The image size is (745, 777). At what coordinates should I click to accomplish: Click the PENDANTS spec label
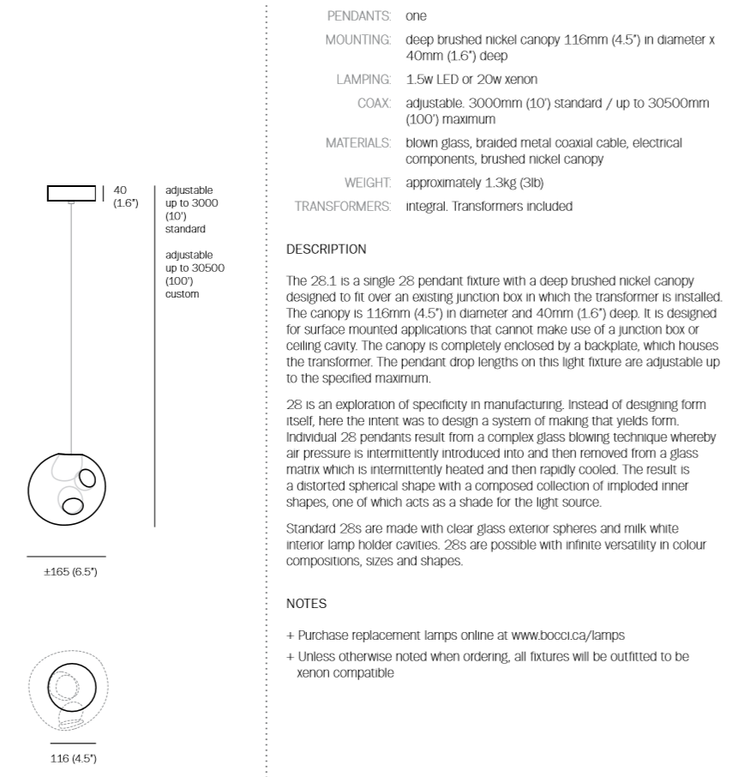pyautogui.click(x=360, y=16)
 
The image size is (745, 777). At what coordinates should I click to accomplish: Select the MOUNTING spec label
pyautogui.click(x=358, y=39)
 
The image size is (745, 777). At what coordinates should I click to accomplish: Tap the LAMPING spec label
pyautogui.click(x=363, y=80)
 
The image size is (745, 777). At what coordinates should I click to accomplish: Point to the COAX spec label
pyautogui.click(x=375, y=103)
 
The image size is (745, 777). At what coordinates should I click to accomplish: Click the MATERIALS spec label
pyautogui.click(x=358, y=142)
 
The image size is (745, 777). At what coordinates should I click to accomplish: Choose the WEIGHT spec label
pyautogui.click(x=368, y=183)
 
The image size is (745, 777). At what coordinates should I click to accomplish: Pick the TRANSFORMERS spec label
pyautogui.click(x=343, y=206)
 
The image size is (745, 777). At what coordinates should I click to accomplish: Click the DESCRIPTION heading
pyautogui.click(x=326, y=250)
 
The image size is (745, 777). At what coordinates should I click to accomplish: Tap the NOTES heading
pyautogui.click(x=306, y=604)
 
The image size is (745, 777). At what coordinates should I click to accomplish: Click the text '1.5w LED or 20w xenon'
pyautogui.click(x=472, y=80)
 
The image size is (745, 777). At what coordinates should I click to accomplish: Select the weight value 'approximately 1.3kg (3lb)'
pyautogui.click(x=474, y=183)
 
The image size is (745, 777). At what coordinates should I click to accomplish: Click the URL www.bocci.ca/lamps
pyautogui.click(x=568, y=635)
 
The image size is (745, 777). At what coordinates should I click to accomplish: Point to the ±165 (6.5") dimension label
pyautogui.click(x=70, y=571)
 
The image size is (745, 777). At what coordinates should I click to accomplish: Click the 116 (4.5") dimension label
pyautogui.click(x=73, y=759)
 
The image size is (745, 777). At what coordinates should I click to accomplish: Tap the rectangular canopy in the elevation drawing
pyautogui.click(x=71, y=193)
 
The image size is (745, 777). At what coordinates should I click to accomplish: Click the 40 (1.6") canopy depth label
pyautogui.click(x=125, y=196)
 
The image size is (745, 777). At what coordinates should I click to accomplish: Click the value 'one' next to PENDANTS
pyautogui.click(x=416, y=16)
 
